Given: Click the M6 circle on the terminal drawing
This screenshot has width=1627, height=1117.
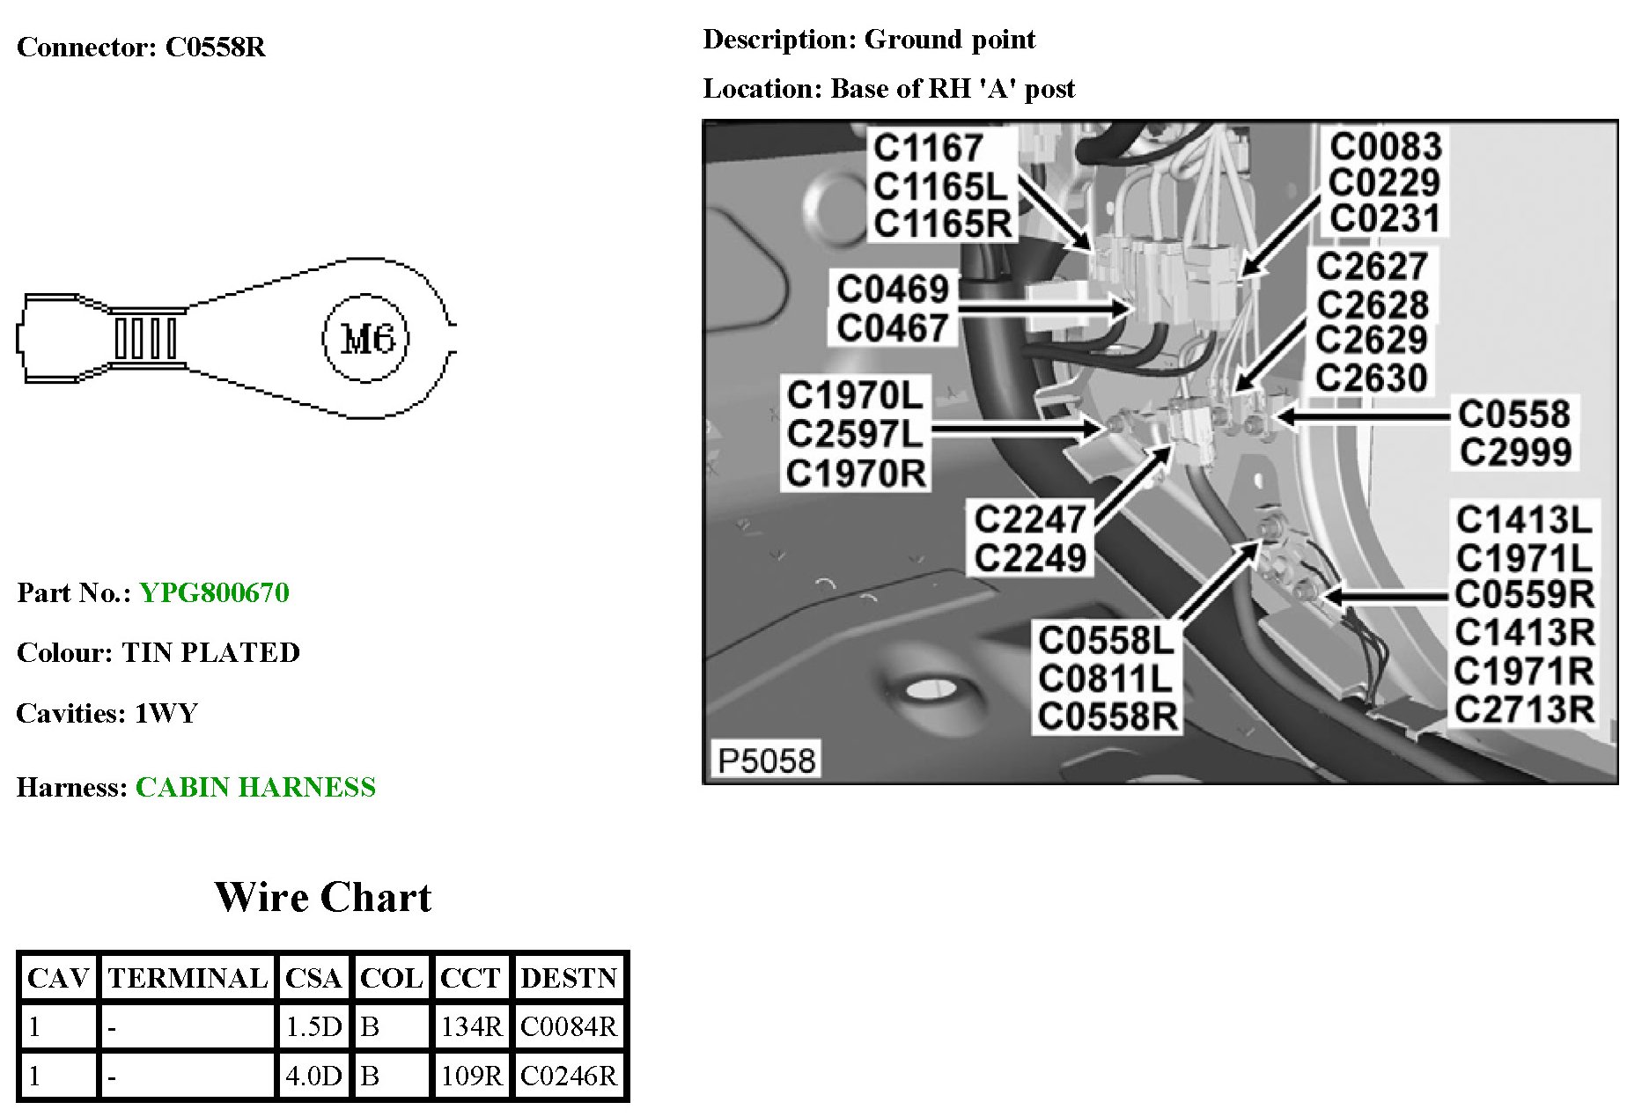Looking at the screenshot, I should [x=365, y=339].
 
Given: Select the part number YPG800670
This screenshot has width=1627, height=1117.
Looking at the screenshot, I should [x=214, y=592].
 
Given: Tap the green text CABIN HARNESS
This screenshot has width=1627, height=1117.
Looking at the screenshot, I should [x=255, y=787].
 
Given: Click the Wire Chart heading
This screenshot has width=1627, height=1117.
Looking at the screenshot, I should [x=322, y=898].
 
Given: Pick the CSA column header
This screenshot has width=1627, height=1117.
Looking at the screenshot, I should [x=313, y=978].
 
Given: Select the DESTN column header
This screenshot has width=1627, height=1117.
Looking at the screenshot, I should [x=569, y=978].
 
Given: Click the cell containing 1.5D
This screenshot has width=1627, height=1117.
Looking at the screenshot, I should [x=313, y=1026].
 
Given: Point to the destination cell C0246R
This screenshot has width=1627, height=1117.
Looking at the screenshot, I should [x=569, y=1076].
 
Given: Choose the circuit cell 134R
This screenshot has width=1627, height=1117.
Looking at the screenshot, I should [x=471, y=1026].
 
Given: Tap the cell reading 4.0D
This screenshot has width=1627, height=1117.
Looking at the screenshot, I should [x=313, y=1076].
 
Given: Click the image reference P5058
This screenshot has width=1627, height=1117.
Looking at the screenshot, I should [x=766, y=760].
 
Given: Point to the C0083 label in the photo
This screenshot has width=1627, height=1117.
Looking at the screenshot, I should [x=1386, y=147].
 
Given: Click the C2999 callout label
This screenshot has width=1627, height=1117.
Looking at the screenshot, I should [x=1515, y=452].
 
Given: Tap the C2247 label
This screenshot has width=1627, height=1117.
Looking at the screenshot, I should [x=1029, y=519].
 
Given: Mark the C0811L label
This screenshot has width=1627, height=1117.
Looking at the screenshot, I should [x=1105, y=679].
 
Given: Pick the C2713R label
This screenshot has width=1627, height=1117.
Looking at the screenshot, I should [x=1524, y=709].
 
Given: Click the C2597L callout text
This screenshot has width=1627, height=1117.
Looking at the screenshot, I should [x=855, y=434].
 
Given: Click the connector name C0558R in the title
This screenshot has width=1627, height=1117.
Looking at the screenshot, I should [x=216, y=47].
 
